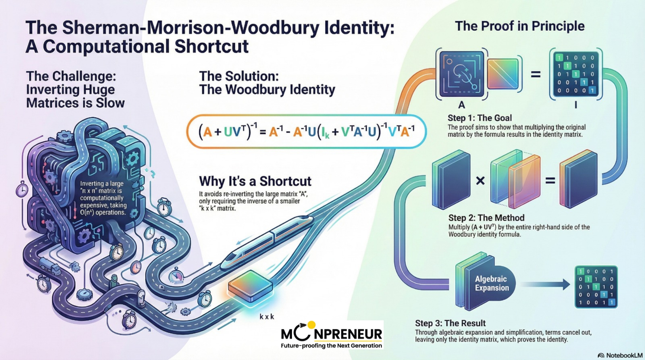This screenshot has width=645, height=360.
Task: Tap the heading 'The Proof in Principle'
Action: pos(519,26)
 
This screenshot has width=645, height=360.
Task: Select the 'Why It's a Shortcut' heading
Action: pos(255,181)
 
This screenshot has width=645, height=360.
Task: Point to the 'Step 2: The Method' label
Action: pos(486,218)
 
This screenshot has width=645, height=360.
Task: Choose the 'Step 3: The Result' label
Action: pos(450,323)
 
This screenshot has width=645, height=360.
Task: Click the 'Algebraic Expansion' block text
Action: pos(492,283)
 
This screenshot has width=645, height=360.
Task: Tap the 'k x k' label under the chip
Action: pos(267,317)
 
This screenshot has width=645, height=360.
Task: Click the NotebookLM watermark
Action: pos(620,355)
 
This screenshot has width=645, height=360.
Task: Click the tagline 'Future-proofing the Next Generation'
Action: pos(331,346)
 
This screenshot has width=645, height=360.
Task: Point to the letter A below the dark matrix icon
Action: pos(461,105)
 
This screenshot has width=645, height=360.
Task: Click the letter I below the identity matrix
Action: pos(576,105)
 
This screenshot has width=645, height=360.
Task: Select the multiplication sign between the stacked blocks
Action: pos(480,181)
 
